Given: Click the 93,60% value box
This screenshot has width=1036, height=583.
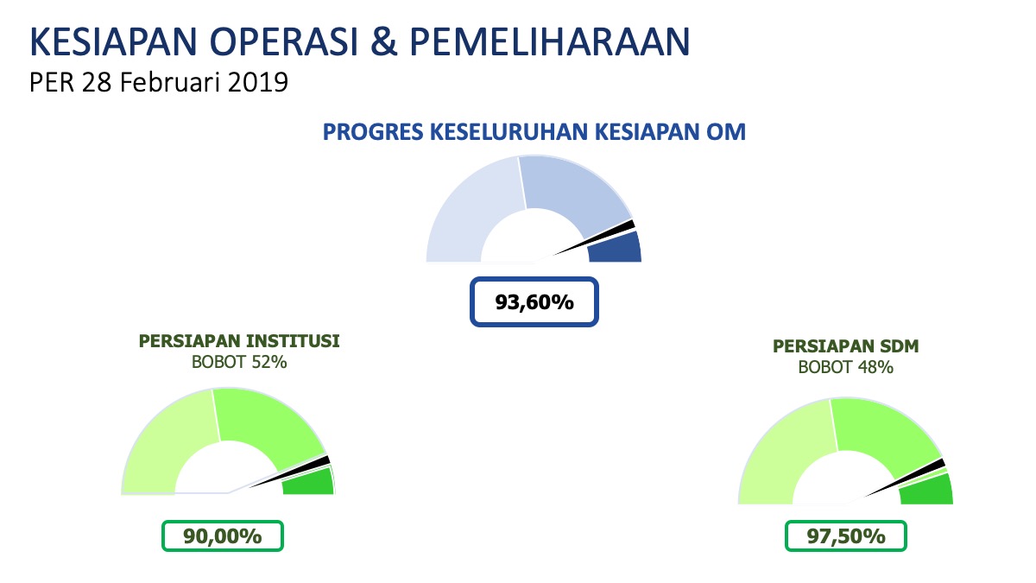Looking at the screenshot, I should click(534, 302).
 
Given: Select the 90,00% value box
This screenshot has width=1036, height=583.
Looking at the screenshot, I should click(223, 535).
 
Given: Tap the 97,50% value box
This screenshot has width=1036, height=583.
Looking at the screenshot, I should click(845, 535).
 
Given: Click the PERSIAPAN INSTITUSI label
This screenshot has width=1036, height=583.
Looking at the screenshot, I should click(239, 341).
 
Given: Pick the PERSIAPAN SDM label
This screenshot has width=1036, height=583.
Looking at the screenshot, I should click(845, 346).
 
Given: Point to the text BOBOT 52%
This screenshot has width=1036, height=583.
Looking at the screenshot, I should click(239, 362).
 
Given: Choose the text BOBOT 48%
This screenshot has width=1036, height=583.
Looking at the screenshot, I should click(845, 367).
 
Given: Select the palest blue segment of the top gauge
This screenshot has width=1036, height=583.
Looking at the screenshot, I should click(471, 207).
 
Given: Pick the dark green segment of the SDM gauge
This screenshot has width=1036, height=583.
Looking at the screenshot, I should click(928, 491).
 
